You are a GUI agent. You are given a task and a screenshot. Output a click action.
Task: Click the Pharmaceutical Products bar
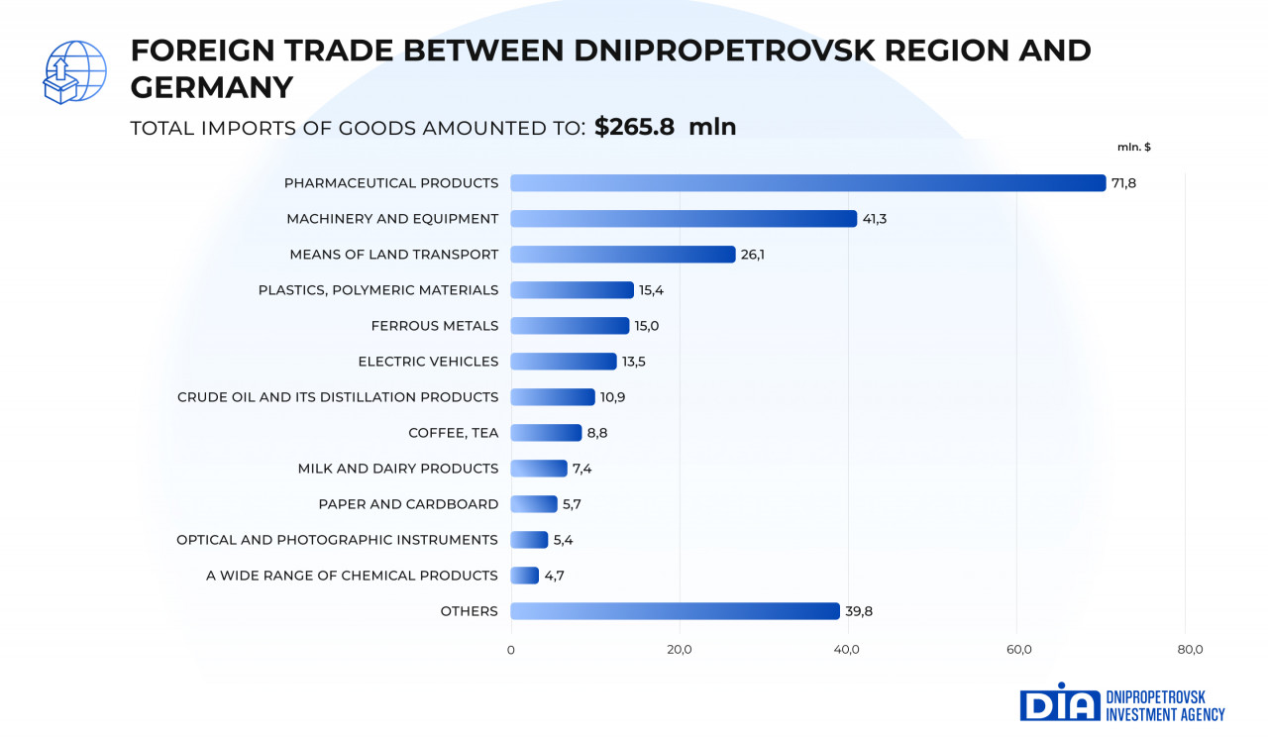click(x=807, y=183)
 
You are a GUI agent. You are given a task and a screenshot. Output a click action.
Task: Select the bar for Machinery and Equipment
click(x=684, y=219)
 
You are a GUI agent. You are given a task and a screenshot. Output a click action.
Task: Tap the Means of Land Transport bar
click(x=623, y=255)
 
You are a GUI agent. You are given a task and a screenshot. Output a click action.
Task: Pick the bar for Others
click(x=675, y=611)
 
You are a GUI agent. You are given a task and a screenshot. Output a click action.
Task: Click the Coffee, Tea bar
click(x=546, y=433)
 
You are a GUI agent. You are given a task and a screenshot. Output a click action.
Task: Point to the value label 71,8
click(x=1123, y=183)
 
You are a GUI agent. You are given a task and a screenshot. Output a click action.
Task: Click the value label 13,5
click(x=633, y=362)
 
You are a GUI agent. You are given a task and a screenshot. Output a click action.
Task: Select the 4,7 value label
click(x=555, y=576)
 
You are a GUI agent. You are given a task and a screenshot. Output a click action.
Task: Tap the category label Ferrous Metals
click(x=435, y=326)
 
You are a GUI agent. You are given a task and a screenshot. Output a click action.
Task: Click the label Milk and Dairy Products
click(x=398, y=469)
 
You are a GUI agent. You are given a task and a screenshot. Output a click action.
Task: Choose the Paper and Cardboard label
click(x=408, y=504)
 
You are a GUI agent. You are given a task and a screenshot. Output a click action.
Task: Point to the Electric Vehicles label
click(x=428, y=362)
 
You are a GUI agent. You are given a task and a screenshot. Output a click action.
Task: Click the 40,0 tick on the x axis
click(x=847, y=650)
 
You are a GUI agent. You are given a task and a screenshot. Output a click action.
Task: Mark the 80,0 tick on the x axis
click(x=1190, y=650)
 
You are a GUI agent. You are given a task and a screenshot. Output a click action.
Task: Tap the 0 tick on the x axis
click(x=511, y=650)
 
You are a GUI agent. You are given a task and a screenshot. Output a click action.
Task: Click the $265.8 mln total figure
click(x=665, y=127)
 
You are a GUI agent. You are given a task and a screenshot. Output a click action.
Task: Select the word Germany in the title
click(x=211, y=87)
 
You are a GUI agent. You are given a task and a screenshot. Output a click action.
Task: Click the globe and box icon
click(x=74, y=71)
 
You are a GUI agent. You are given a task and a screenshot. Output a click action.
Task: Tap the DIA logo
click(x=1060, y=702)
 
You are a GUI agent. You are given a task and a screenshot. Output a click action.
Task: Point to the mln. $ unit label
click(x=1134, y=147)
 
